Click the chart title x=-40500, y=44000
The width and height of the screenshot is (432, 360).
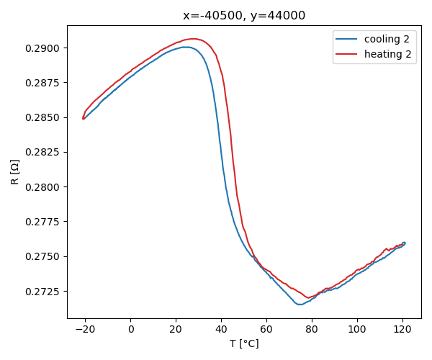coord(244,15)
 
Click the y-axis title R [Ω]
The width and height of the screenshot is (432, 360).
coord(15,172)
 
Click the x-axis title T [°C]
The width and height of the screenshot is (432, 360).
coord(244,343)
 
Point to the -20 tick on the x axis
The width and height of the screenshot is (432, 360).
coord(86,329)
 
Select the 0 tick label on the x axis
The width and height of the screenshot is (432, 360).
coord(131,329)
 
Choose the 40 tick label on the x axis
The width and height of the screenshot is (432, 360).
coord(222,329)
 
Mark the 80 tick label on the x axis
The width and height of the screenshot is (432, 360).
coord(312,329)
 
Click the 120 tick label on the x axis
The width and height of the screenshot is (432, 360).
coord(402,329)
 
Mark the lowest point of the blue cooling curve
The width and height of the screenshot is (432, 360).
coord(299,305)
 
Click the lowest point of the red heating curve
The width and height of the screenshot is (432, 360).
coord(308,298)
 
